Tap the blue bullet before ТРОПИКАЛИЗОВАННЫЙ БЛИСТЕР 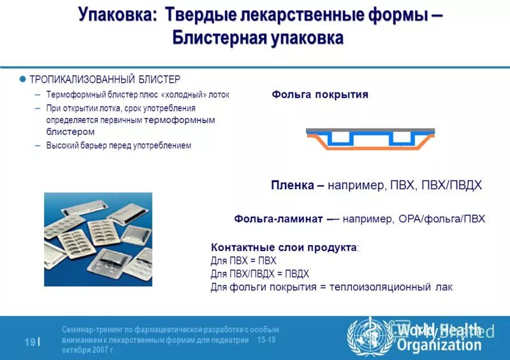[22, 80]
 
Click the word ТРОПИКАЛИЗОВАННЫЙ [82, 80]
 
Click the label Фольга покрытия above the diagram [320, 94]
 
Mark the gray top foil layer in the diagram [370, 130]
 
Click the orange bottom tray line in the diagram [370, 147]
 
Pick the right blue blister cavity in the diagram [402, 138]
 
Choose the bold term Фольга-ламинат [280, 219]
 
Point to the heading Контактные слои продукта [283, 247]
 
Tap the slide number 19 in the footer [30, 342]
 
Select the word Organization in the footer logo [439, 345]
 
